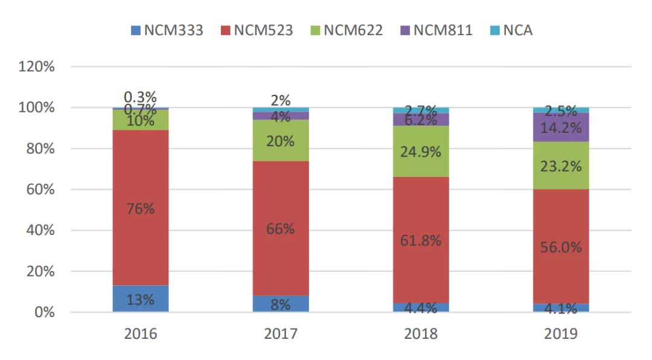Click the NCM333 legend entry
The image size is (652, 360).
coord(167,30)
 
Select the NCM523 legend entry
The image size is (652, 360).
coord(257,30)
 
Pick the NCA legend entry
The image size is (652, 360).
coord(511,30)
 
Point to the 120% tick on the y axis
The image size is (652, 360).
coord(37,66)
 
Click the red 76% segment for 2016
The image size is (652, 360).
coord(140,181)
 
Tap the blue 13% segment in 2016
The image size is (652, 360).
coord(140,299)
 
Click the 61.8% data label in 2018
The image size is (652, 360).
coord(421,240)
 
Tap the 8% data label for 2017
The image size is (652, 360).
coord(281,304)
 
